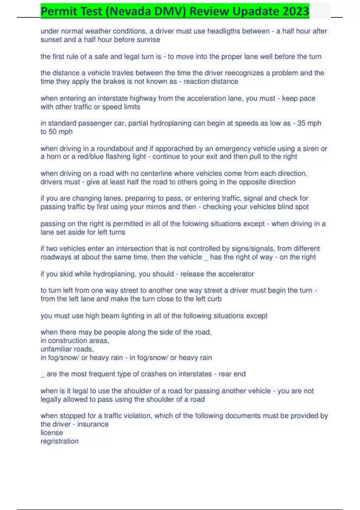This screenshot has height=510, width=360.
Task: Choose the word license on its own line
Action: coord(52,433)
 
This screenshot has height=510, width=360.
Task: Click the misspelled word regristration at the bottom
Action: coord(59,441)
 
